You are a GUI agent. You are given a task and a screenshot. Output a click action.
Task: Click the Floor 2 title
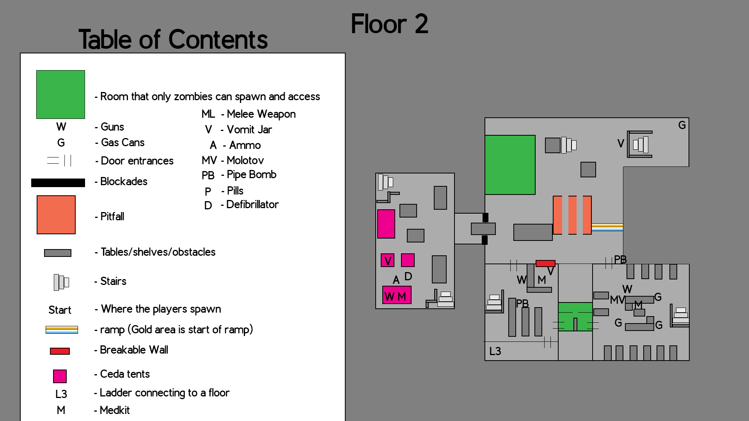pos(389,24)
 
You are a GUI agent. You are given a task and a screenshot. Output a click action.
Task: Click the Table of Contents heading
pos(173,40)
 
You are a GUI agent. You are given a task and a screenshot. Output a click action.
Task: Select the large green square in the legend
pos(60,94)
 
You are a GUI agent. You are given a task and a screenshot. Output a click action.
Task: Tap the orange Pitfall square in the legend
pos(56,215)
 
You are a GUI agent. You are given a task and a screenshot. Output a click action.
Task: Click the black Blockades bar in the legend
pos(58,183)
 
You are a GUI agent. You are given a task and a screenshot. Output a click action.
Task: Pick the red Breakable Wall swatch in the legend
pos(60,351)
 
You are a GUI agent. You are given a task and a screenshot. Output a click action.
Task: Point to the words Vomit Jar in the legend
pos(249,129)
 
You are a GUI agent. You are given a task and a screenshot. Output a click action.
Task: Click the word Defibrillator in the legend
pos(252,205)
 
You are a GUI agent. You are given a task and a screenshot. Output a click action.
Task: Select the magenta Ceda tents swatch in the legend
pos(60,376)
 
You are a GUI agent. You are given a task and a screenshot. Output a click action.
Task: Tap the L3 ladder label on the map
pos(495,351)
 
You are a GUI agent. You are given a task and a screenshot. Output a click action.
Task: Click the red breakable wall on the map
pos(545,264)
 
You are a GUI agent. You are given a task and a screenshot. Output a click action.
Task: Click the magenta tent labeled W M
pos(397,295)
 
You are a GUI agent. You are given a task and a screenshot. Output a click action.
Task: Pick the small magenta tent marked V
pos(387,260)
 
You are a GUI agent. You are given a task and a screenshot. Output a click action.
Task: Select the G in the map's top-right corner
pos(682,125)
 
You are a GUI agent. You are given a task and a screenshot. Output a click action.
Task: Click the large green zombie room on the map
pos(510,165)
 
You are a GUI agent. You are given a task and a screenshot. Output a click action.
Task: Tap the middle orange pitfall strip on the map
pos(572,215)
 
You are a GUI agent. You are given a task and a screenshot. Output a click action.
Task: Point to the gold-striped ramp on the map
pos(607,227)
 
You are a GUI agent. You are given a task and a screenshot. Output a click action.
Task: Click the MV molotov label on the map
pos(617,300)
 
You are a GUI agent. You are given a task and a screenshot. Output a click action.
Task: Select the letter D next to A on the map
pos(408,276)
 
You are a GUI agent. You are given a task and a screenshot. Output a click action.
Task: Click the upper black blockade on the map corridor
pos(485,218)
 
